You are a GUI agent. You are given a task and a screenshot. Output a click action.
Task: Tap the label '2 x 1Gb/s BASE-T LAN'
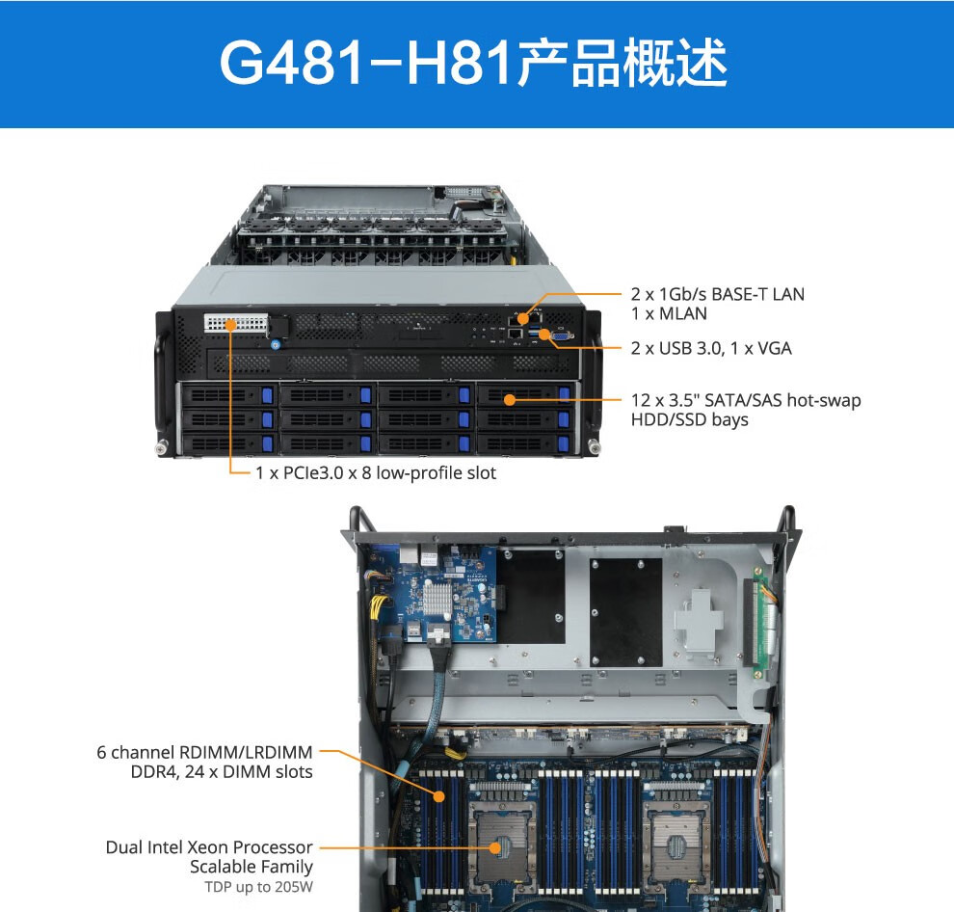(717, 294)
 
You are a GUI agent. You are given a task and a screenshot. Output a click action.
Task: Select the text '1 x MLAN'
(669, 313)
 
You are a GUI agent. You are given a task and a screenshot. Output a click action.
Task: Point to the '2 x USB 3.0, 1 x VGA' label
(711, 348)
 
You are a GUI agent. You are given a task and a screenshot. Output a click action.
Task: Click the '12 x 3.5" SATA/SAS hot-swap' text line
(746, 400)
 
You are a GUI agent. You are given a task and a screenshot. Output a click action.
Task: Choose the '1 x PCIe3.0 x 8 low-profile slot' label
(376, 473)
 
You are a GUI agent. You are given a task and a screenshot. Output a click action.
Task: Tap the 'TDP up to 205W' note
(258, 887)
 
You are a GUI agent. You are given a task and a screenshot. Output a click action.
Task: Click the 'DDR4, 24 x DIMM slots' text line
(222, 772)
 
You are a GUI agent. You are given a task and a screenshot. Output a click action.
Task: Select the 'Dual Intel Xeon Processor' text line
(209, 846)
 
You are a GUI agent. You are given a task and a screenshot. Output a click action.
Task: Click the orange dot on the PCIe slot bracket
(230, 325)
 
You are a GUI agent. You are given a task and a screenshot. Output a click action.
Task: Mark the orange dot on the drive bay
(510, 399)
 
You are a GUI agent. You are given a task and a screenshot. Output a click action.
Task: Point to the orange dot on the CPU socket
(495, 847)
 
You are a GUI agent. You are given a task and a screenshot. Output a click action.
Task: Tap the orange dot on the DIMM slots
(439, 795)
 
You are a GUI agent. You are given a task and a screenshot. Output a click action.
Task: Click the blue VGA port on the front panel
(561, 335)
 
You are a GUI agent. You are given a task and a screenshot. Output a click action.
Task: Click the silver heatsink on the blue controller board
(437, 598)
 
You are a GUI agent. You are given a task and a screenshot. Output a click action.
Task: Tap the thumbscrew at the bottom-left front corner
(161, 448)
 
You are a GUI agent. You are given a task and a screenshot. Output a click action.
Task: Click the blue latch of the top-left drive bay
(267, 395)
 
